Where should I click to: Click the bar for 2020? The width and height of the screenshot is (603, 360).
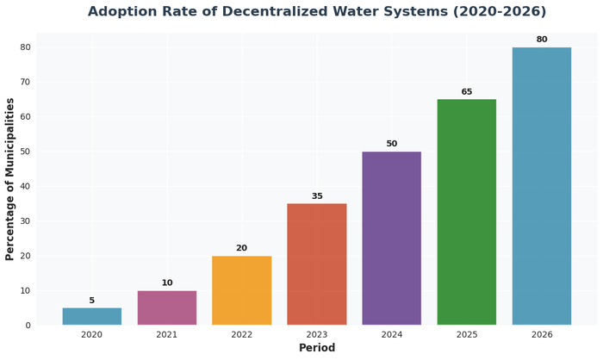point(91,316)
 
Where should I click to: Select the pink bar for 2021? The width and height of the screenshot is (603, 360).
point(167,307)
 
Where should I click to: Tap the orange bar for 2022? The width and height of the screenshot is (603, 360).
point(242,290)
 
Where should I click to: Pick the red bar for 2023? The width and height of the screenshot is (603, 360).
point(317,264)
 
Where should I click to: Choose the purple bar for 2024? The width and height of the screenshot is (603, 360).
point(392,239)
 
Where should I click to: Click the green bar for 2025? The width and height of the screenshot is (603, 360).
point(467,212)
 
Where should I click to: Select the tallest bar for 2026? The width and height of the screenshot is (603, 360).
point(542,186)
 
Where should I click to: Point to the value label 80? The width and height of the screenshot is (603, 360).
point(542,40)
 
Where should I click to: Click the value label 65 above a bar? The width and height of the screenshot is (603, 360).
point(467,92)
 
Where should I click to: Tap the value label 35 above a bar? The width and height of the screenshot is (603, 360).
point(317,196)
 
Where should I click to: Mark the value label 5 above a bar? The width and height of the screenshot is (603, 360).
point(92,301)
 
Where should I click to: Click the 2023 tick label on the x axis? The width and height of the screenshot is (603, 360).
point(317,334)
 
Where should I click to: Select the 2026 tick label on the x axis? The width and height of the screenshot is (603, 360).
point(542,334)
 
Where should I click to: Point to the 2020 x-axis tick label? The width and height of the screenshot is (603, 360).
point(91,334)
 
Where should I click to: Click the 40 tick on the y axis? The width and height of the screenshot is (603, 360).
point(26,186)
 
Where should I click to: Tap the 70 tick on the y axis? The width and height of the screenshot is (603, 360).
point(26,82)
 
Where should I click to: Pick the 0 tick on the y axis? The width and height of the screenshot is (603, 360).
point(28,326)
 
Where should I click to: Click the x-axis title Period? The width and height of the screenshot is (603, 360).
point(317,348)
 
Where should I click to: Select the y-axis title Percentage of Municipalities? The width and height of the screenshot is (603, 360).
point(10,179)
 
